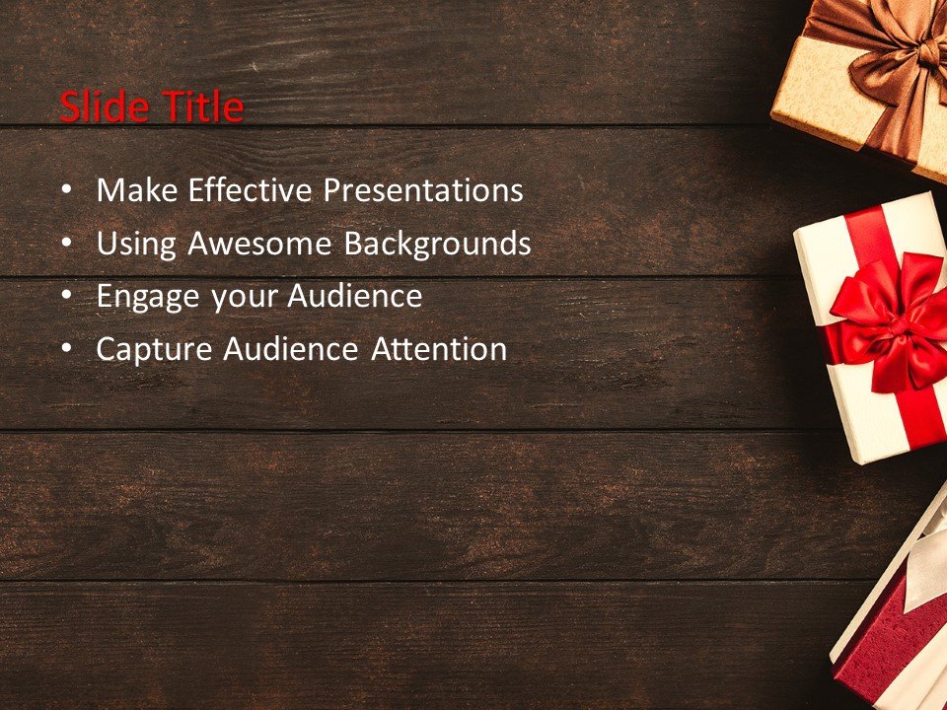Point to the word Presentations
tap(423, 190)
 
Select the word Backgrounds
tap(437, 244)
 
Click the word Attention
tap(439, 349)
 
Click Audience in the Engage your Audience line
tap(354, 296)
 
